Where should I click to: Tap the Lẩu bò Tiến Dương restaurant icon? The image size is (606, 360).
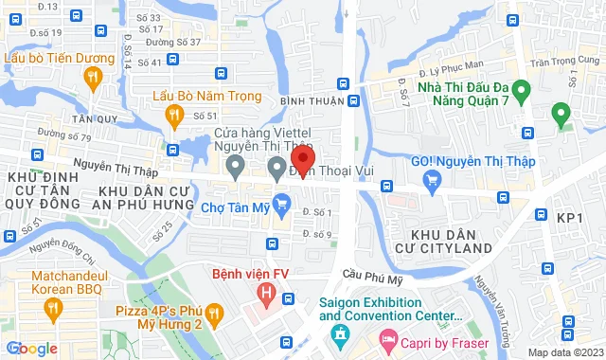(93, 81)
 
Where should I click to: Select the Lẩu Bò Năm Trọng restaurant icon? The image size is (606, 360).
(174, 116)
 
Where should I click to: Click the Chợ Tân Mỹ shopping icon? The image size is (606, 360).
(281, 202)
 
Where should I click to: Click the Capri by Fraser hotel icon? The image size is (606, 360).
(387, 338)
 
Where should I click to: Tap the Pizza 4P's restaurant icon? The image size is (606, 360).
(214, 312)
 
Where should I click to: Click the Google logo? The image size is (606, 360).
(31, 349)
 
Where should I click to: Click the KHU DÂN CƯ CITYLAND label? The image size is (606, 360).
(453, 241)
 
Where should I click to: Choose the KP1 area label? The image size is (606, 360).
(570, 218)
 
